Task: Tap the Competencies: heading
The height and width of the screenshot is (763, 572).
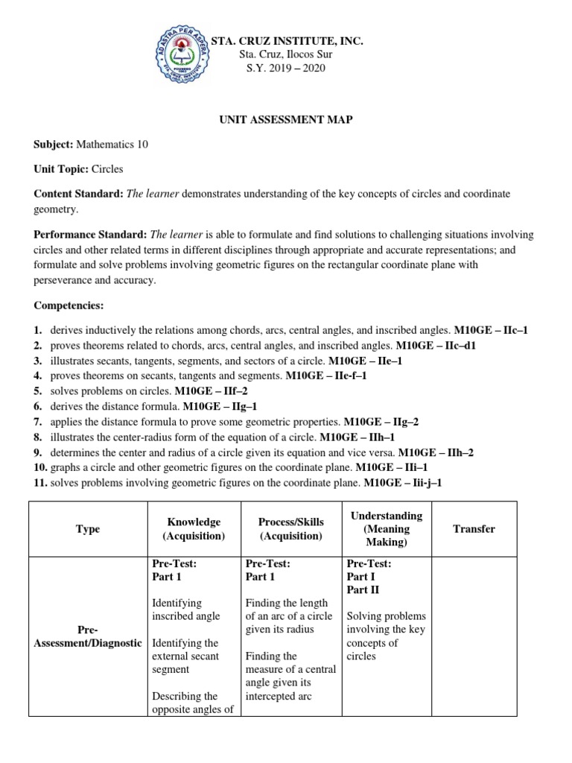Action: [x=69, y=305]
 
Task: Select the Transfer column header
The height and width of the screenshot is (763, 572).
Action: [x=474, y=529]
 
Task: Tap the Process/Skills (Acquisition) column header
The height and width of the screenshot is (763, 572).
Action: [x=290, y=529]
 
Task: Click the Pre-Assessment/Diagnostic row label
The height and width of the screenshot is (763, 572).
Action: [x=87, y=636]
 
